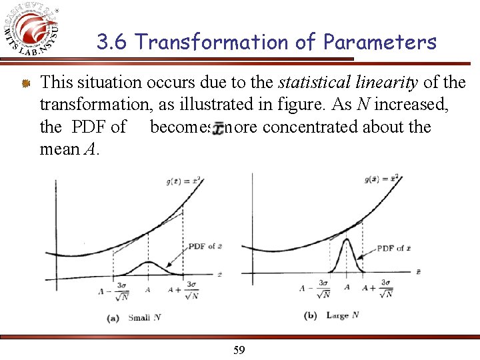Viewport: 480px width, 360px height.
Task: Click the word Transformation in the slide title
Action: (226, 43)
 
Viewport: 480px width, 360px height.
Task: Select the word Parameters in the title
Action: (379, 43)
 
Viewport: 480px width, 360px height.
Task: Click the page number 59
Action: (239, 349)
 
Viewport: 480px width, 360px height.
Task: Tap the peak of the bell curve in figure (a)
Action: (148, 263)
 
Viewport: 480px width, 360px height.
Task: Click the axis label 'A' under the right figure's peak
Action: (347, 287)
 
